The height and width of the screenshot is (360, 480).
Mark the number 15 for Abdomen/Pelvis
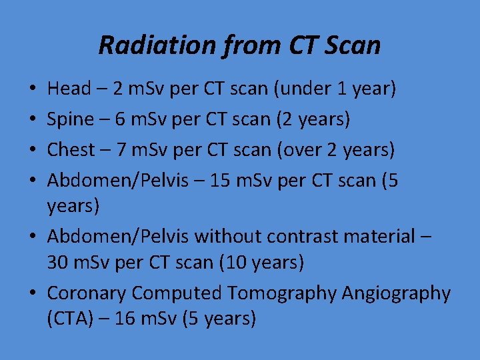219,181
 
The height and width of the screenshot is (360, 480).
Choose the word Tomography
282,293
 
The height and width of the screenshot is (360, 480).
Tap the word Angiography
396,293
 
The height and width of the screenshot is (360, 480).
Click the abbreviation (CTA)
69,319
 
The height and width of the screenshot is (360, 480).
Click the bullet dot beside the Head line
32,89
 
